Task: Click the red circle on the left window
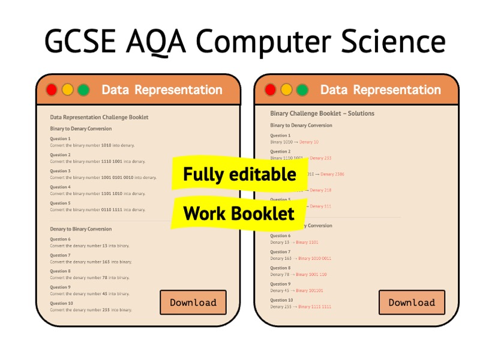coord(52,90)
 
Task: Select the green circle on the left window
coord(83,90)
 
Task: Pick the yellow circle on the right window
coord(286,90)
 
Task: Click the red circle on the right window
coord(271,90)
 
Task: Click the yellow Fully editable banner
coord(239,174)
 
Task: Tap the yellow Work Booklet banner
coord(239,213)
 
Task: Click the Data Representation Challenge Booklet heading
coord(99,117)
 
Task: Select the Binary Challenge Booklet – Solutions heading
coord(322,113)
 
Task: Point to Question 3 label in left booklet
coord(60,171)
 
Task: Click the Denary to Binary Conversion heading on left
coord(80,229)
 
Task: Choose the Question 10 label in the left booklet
coord(61,303)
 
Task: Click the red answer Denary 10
coord(309,142)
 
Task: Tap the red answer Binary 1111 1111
coord(314,307)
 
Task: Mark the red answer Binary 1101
coord(305,242)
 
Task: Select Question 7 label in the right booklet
coord(280,252)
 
